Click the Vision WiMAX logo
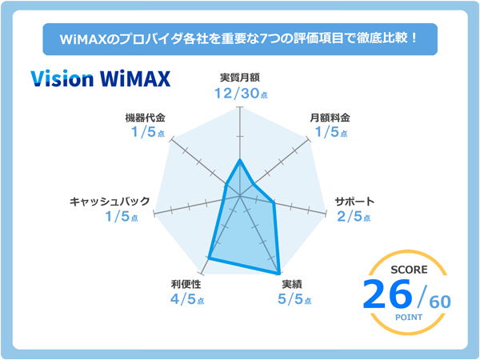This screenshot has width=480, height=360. (101, 78)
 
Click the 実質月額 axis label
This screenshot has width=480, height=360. (240, 78)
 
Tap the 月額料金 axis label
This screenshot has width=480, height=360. (330, 118)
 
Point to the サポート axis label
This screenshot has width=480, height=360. (354, 202)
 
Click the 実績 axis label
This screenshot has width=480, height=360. (292, 284)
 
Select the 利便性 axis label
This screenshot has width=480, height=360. (186, 284)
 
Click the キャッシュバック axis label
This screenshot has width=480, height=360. (110, 202)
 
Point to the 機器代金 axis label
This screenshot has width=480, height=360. (145, 118)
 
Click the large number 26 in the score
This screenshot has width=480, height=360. (387, 294)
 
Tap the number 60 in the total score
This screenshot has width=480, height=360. (440, 302)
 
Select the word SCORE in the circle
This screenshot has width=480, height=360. (409, 270)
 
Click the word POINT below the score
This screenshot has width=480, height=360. (409, 317)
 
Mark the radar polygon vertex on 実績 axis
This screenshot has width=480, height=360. (279, 273)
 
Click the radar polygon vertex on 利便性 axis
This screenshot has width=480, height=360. (209, 258)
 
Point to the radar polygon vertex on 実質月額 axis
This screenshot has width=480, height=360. (240, 160)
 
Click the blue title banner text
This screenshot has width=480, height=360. (239, 39)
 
